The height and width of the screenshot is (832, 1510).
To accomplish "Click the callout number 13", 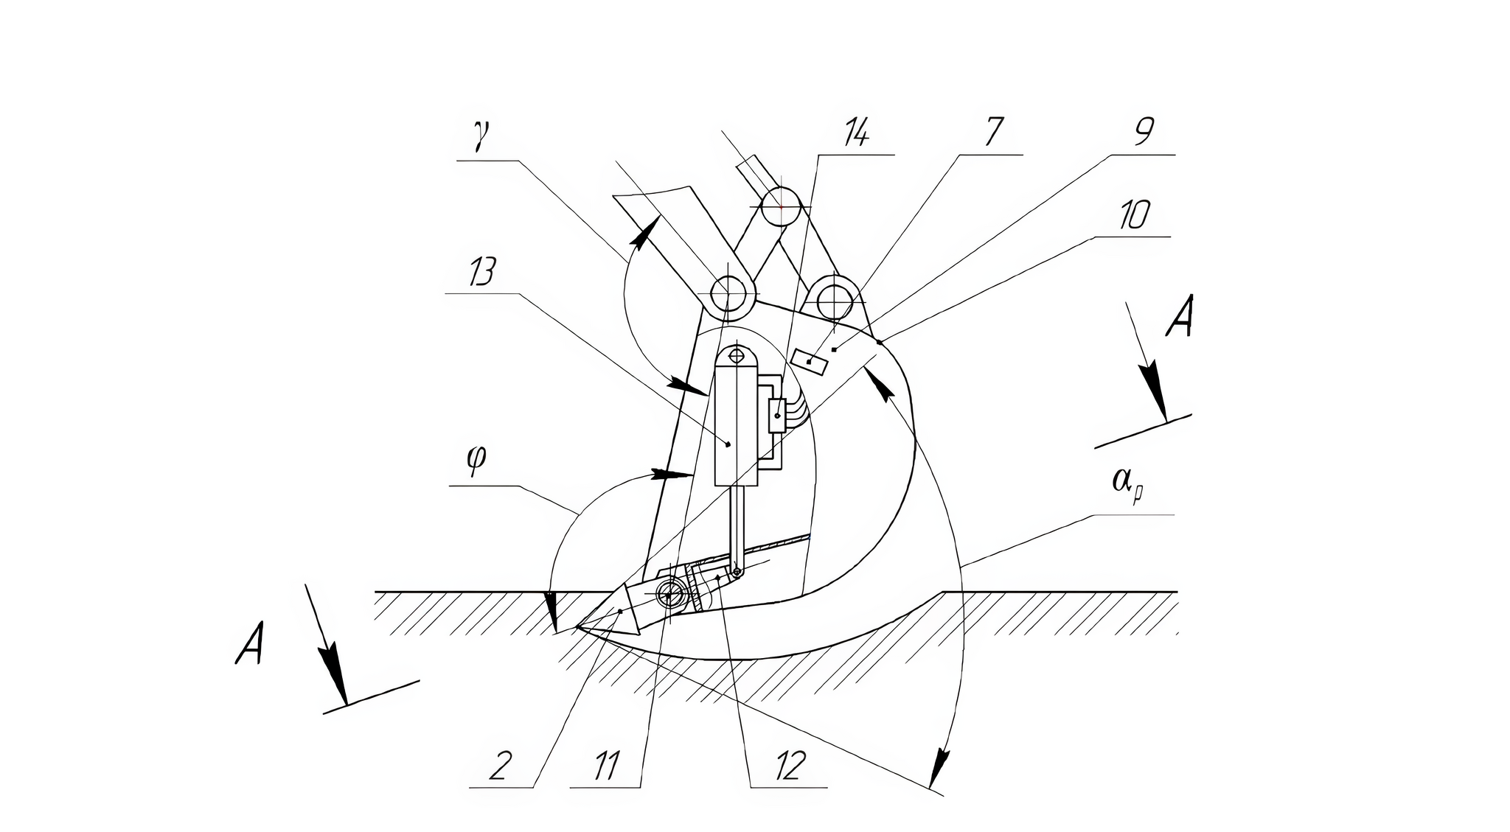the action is (481, 272).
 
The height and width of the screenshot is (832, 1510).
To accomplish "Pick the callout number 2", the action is (500, 766).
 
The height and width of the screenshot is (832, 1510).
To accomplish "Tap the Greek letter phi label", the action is (476, 461).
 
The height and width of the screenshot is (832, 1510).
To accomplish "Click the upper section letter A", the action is (1180, 316).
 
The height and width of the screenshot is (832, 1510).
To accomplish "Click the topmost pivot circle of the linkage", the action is (781, 206).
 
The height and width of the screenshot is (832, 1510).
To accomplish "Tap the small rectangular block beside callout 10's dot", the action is (809, 362).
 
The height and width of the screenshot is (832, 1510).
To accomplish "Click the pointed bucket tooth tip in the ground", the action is (578, 627).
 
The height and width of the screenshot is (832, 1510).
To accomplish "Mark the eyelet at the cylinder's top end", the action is (737, 356).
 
